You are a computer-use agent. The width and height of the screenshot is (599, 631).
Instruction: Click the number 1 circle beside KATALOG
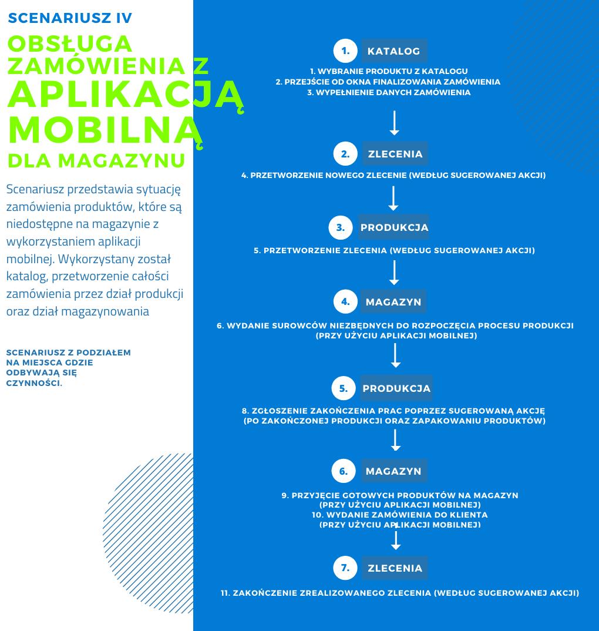pyautogui.click(x=345, y=51)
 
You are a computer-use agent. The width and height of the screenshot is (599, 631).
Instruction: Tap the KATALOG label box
pyautogui.click(x=393, y=51)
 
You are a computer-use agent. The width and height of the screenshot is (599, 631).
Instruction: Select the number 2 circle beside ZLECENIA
pyautogui.click(x=345, y=154)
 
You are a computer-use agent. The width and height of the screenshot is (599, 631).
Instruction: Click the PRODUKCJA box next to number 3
pyautogui.click(x=394, y=227)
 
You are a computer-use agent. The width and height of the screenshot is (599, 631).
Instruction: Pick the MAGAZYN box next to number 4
pyautogui.click(x=393, y=302)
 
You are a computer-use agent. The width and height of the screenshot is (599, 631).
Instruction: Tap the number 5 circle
pyautogui.click(x=344, y=388)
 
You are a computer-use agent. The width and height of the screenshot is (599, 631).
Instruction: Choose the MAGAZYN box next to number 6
pyautogui.click(x=393, y=471)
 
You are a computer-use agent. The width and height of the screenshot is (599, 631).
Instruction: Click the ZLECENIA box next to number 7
pyautogui.click(x=395, y=568)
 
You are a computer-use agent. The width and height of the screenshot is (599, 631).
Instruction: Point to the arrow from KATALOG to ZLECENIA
pyautogui.click(x=395, y=123)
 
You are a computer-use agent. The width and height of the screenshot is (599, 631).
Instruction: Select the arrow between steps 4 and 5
pyautogui.click(x=396, y=355)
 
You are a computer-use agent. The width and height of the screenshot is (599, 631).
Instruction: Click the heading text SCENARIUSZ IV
pyautogui.click(x=70, y=18)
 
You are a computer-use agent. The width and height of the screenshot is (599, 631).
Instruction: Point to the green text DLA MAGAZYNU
pyautogui.click(x=96, y=160)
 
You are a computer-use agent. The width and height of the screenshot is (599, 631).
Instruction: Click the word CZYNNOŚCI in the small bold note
pyautogui.click(x=33, y=383)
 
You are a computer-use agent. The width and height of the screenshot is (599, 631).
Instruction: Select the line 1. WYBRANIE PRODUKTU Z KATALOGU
pyautogui.click(x=389, y=71)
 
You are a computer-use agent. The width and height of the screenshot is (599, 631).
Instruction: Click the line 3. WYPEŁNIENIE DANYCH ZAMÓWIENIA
pyautogui.click(x=389, y=92)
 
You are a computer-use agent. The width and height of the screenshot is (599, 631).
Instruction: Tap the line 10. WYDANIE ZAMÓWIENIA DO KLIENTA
pyautogui.click(x=400, y=515)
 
